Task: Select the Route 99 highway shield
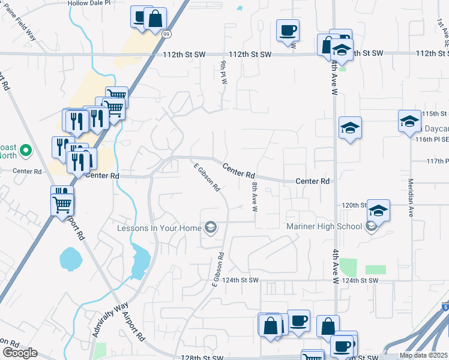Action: [165, 35]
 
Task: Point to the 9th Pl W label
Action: [224, 72]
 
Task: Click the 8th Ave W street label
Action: [255, 197]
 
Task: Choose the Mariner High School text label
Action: [324, 226]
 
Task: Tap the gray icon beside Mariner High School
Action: [372, 226]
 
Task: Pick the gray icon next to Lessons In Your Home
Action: [210, 227]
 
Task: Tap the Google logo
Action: [20, 353]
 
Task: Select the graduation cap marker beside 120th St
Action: [378, 210]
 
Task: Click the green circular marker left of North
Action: [25, 150]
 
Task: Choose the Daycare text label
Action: [433, 128]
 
